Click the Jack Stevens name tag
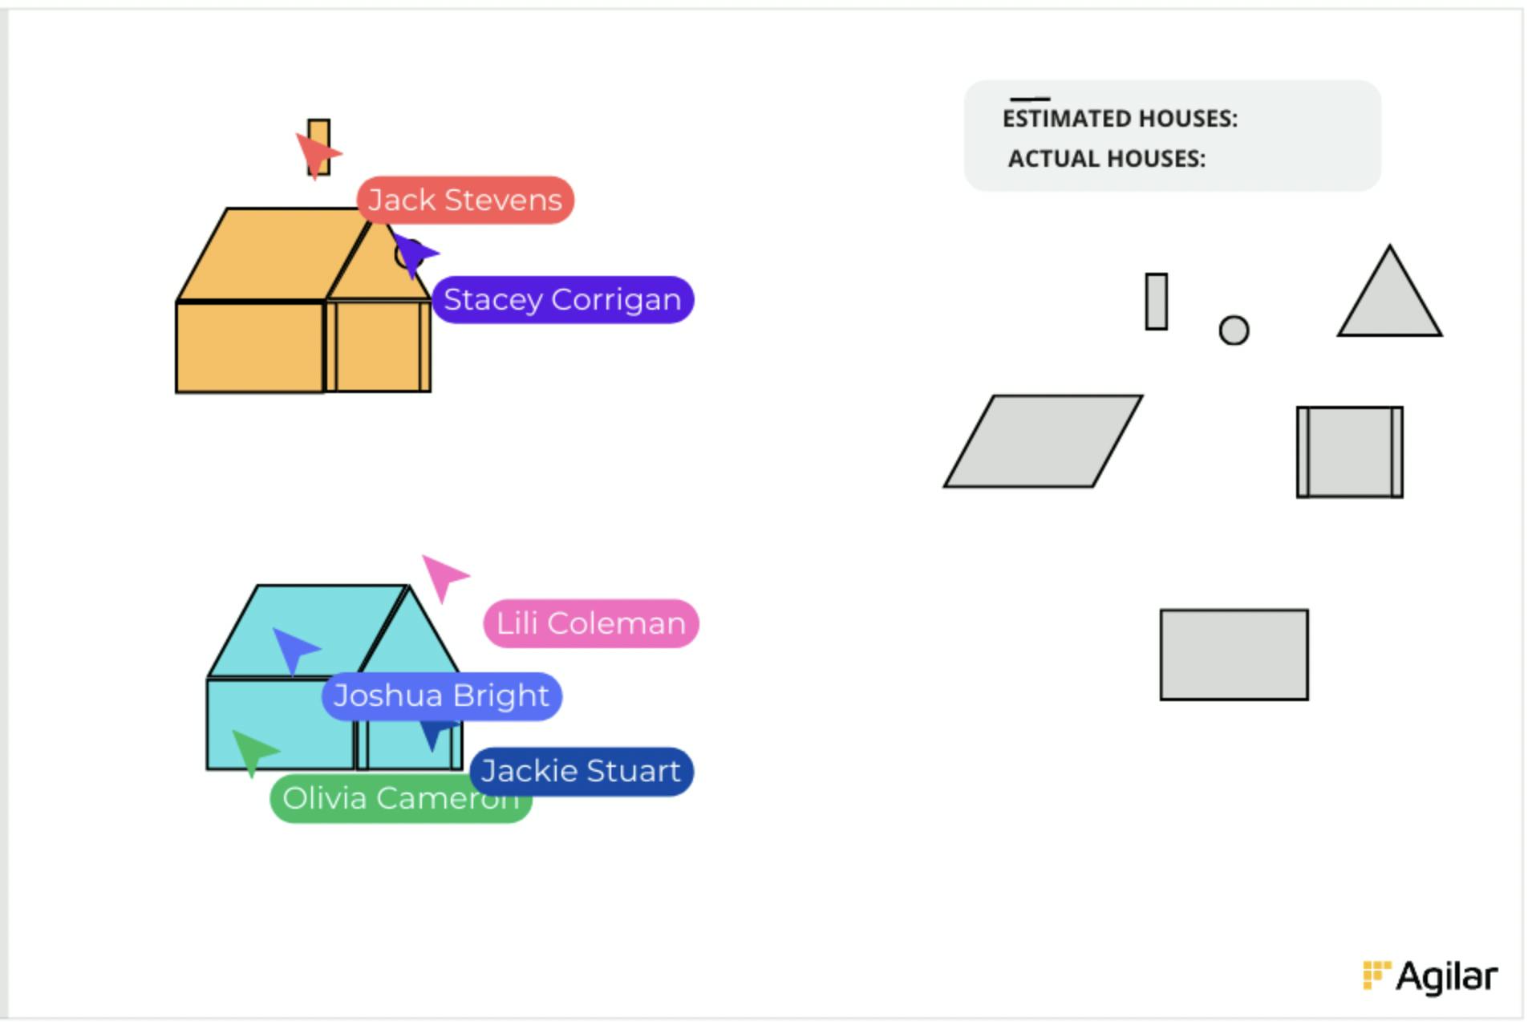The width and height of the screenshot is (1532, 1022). click(x=465, y=200)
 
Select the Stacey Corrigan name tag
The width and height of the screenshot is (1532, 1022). click(x=562, y=300)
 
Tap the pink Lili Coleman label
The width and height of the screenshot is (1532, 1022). click(x=591, y=623)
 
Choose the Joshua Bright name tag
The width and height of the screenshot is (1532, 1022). click(x=441, y=696)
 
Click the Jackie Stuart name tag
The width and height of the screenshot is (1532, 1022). click(x=581, y=771)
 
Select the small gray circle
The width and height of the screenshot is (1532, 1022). click(x=1234, y=330)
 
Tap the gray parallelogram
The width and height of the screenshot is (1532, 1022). click(x=1043, y=441)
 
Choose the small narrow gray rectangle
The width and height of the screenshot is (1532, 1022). click(x=1156, y=302)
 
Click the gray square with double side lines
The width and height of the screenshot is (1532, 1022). click(x=1350, y=452)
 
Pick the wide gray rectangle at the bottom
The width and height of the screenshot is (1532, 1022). click(x=1234, y=655)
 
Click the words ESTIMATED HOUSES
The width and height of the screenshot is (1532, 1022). click(x=1120, y=119)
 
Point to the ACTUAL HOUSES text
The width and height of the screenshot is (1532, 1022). click(x=1107, y=159)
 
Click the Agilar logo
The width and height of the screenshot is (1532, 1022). click(x=1430, y=976)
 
